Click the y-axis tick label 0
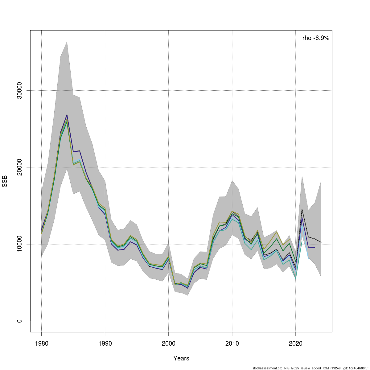(x=19, y=321)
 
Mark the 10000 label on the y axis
(x=19, y=244)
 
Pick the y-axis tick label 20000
(x=19, y=167)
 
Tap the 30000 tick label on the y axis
(x=19, y=90)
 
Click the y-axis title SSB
(x=5, y=181)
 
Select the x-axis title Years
(x=181, y=358)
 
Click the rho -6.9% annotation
(x=316, y=38)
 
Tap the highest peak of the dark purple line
(x=67, y=115)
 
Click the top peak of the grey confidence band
(x=67, y=41)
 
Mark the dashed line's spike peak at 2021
(x=302, y=209)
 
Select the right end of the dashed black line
(x=321, y=242)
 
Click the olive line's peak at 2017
(x=277, y=231)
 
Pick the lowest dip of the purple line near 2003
(x=187, y=288)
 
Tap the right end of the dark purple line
(x=314, y=248)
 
